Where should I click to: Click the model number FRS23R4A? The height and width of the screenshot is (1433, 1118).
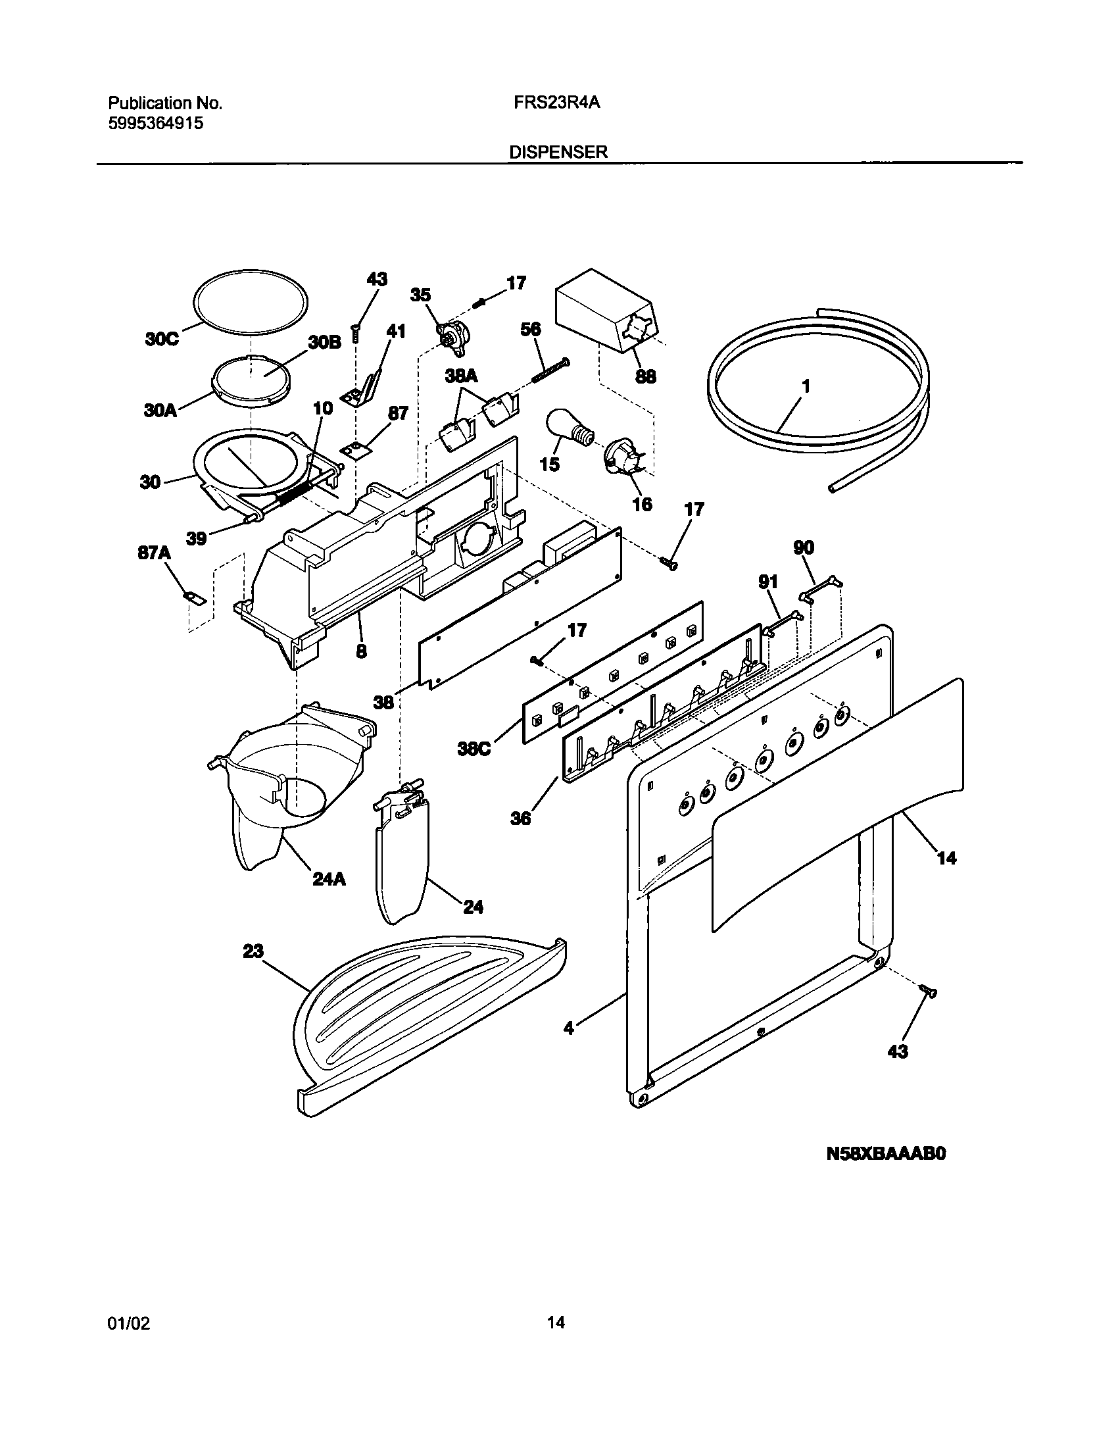[x=557, y=103]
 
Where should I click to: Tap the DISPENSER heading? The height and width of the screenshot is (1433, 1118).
[x=558, y=153]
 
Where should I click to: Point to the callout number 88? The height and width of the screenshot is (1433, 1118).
[x=646, y=376]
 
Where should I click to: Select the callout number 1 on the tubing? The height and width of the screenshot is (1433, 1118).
[x=806, y=387]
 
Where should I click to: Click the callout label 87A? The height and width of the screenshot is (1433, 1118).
[x=154, y=553]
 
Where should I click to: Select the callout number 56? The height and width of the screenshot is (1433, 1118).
[x=531, y=329]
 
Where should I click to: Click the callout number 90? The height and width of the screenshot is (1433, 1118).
[x=804, y=547]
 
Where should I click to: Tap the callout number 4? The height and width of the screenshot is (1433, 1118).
[x=569, y=1046]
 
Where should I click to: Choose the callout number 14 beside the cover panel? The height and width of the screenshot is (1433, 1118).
[x=946, y=858]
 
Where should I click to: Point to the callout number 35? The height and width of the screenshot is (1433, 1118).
[x=421, y=295]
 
